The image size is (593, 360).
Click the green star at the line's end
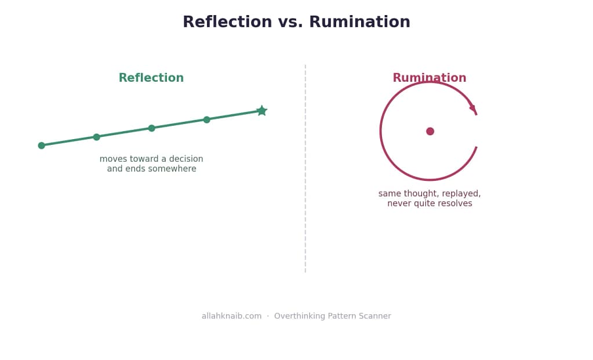(x=261, y=111)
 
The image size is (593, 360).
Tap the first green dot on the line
(x=42, y=146)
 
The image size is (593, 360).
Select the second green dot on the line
(x=96, y=137)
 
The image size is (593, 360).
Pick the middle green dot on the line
(x=152, y=128)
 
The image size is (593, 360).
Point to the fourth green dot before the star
(x=206, y=119)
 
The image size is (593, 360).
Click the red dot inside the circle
(x=430, y=131)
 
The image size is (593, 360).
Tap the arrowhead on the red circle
(x=474, y=110)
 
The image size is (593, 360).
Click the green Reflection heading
(x=151, y=78)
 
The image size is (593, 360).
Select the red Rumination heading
(x=430, y=78)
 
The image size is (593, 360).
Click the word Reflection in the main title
(x=227, y=21)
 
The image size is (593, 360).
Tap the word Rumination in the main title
(x=359, y=21)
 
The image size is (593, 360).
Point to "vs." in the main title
(x=290, y=22)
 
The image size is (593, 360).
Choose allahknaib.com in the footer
(x=231, y=316)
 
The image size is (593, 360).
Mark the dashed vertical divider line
(x=305, y=169)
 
